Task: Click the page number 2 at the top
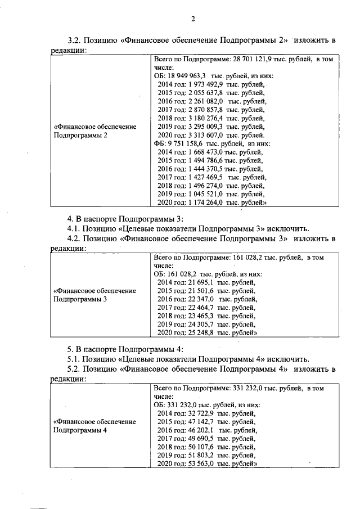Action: pyautogui.click(x=192, y=19)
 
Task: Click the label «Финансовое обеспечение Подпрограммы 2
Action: pyautogui.click(x=94, y=130)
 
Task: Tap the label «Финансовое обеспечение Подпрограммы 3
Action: pyautogui.click(x=94, y=295)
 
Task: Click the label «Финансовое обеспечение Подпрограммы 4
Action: pyautogui.click(x=94, y=426)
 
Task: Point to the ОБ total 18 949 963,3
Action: pyautogui.click(x=191, y=75)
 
